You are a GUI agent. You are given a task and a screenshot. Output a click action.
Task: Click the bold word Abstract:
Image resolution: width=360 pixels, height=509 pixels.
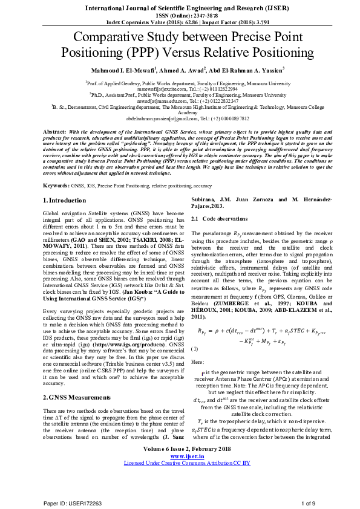coord(56,131)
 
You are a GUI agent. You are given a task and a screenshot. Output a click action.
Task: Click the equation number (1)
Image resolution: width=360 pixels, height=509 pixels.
coord(195,349)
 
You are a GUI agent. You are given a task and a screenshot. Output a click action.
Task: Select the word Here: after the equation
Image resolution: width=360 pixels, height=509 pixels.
coord(197,361)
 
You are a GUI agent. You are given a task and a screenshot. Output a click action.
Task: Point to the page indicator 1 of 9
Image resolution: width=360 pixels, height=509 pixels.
coord(309,502)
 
